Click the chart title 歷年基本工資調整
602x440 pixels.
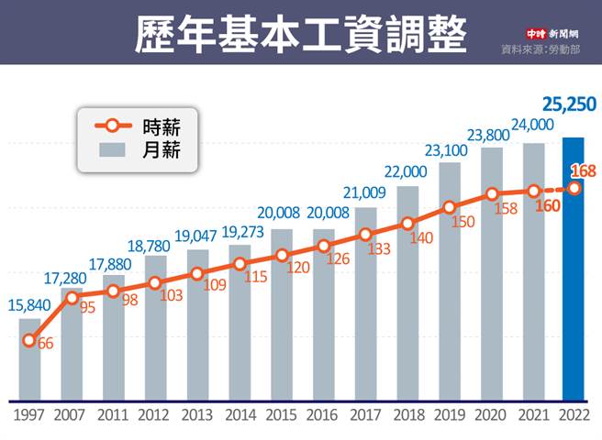(300, 33)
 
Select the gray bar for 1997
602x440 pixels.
(29, 362)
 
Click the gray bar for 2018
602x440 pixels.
(407, 302)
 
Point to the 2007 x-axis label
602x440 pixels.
(72, 415)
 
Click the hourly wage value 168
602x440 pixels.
(583, 170)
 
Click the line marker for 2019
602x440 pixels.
(449, 207)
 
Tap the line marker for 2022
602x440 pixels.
(574, 189)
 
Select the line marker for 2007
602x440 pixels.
(72, 296)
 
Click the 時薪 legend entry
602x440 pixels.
(138, 126)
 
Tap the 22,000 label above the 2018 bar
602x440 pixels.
(407, 172)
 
